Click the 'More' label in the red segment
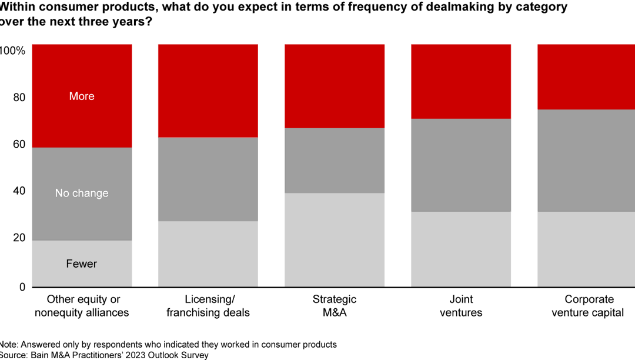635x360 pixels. click(x=82, y=96)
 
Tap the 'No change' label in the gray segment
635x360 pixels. click(x=82, y=194)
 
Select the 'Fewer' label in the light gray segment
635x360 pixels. click(x=82, y=264)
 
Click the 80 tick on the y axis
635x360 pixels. click(x=19, y=98)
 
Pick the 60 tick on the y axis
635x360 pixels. click(x=19, y=145)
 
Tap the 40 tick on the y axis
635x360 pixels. click(x=19, y=191)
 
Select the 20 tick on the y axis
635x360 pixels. click(x=19, y=238)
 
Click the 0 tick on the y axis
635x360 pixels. click(x=22, y=287)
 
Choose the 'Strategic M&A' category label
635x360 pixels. click(x=335, y=306)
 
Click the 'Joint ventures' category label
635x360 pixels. click(x=461, y=306)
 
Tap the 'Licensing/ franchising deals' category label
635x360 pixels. click(x=208, y=306)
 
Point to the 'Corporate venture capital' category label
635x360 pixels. click(x=587, y=306)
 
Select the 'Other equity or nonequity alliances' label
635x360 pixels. click(x=82, y=306)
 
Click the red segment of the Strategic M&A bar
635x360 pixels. click(x=335, y=86)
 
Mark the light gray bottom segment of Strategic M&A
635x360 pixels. click(x=335, y=240)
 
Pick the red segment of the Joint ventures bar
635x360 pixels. click(x=461, y=81)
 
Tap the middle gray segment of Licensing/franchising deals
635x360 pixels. click(x=208, y=179)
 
